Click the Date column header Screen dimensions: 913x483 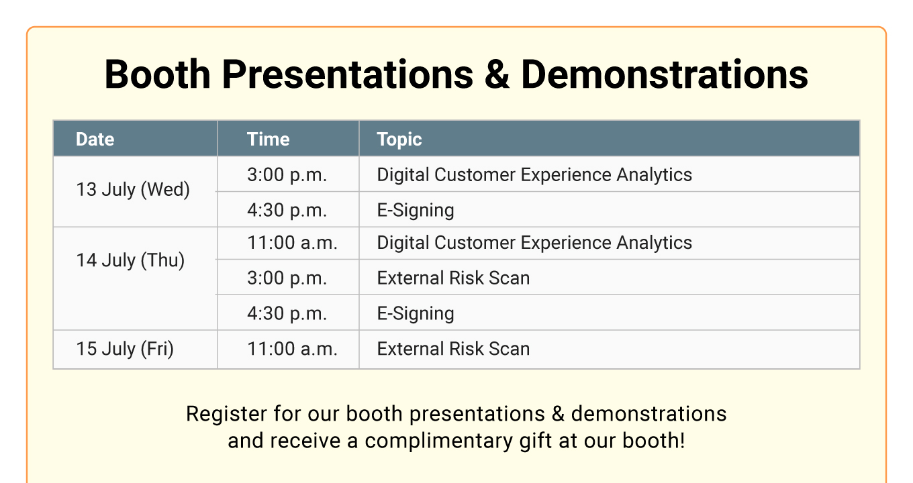coord(95,140)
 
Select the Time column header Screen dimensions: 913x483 coord(269,140)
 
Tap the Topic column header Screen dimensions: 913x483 coord(399,140)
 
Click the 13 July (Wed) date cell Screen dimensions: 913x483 coord(133,190)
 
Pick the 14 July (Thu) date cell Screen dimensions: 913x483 coord(130,261)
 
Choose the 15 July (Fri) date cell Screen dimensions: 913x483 coord(125,349)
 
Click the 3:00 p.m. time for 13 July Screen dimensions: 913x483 coord(287,175)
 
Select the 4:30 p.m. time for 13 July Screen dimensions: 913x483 coord(287,211)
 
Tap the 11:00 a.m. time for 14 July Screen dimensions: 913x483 coord(292,243)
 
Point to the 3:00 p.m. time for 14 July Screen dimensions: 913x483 coord(287,278)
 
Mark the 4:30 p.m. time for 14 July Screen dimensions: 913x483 coord(287,314)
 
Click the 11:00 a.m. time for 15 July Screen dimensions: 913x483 coord(292,350)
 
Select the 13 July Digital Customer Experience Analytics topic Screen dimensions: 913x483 coord(534,175)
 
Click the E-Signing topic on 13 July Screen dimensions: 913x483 coord(416,211)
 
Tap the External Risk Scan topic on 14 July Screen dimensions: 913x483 coord(453,278)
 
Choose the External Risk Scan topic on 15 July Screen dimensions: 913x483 coord(453,349)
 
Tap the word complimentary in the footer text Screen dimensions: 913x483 coord(438,441)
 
